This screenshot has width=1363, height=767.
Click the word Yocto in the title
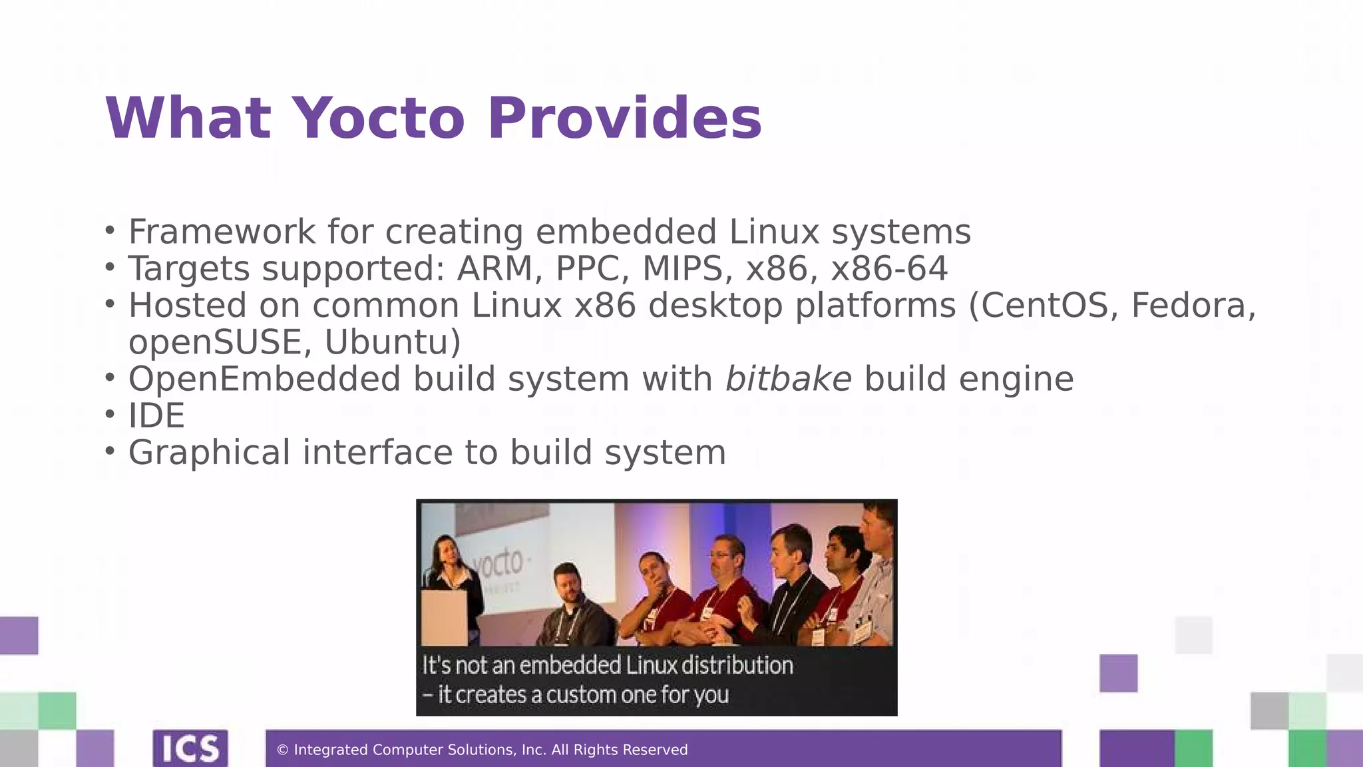point(378,119)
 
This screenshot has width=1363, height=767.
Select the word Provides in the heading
point(624,119)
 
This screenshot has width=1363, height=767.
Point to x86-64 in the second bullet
point(889,269)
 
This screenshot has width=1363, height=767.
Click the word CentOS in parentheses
point(1046,306)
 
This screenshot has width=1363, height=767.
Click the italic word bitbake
point(788,379)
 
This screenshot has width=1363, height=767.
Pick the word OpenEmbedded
point(264,379)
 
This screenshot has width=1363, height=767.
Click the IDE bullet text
point(156,416)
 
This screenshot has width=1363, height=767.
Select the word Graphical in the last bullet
point(209,453)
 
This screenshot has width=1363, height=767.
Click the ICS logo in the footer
point(190,748)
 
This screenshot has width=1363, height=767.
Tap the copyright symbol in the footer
point(282,750)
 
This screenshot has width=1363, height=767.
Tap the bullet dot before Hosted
point(110,305)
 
